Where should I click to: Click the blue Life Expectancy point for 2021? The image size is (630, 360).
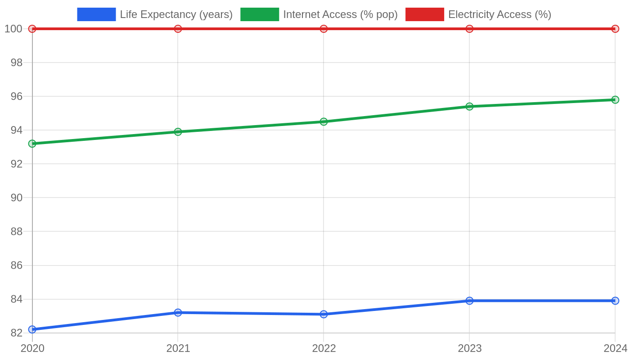pos(178,312)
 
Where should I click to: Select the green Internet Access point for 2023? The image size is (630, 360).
pos(469,106)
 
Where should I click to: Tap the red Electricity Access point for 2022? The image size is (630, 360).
pos(324,29)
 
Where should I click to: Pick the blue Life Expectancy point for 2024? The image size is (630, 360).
pos(615,301)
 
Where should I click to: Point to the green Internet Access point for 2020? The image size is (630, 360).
pos(32,144)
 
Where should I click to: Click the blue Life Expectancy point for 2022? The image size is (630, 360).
pos(324,314)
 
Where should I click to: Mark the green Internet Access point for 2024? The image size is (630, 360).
pos(615,100)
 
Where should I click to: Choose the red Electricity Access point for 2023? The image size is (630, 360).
pos(469,29)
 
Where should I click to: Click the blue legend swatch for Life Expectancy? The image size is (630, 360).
pos(96,14)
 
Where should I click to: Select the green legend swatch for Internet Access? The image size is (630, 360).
pos(260,14)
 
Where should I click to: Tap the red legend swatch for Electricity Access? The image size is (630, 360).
pos(425,14)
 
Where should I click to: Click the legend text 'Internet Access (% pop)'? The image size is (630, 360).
pos(340,14)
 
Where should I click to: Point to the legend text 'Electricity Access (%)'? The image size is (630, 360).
pos(500,14)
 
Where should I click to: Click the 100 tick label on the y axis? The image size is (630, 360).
pos(13,29)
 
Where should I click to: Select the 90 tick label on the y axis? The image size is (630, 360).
pos(17,198)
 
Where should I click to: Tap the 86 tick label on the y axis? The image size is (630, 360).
pos(17,265)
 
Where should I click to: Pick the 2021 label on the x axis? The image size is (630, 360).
pos(178,348)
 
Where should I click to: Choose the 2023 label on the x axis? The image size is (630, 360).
pos(470,348)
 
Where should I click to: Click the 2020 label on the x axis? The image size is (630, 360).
pos(32,348)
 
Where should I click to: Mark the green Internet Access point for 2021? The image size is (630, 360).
pos(178,131)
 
